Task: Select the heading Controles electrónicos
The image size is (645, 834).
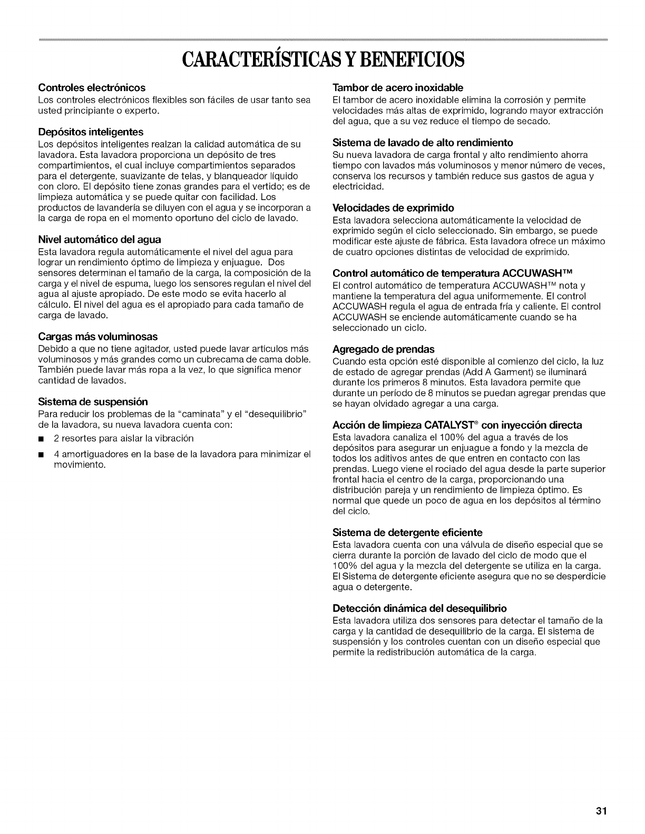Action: point(92,87)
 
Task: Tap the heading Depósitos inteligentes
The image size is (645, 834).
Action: point(91,131)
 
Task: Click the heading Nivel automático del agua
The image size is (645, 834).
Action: point(100,240)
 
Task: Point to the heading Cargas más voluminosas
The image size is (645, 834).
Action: point(98,336)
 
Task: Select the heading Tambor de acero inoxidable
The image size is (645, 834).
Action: point(398,87)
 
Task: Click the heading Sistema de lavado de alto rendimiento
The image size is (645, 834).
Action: point(423,142)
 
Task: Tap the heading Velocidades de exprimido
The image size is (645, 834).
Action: point(393,207)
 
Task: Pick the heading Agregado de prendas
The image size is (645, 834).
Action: point(384,349)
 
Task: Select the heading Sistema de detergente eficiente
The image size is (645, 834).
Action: point(408,532)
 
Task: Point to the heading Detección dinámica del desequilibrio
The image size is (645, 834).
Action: point(419,608)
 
